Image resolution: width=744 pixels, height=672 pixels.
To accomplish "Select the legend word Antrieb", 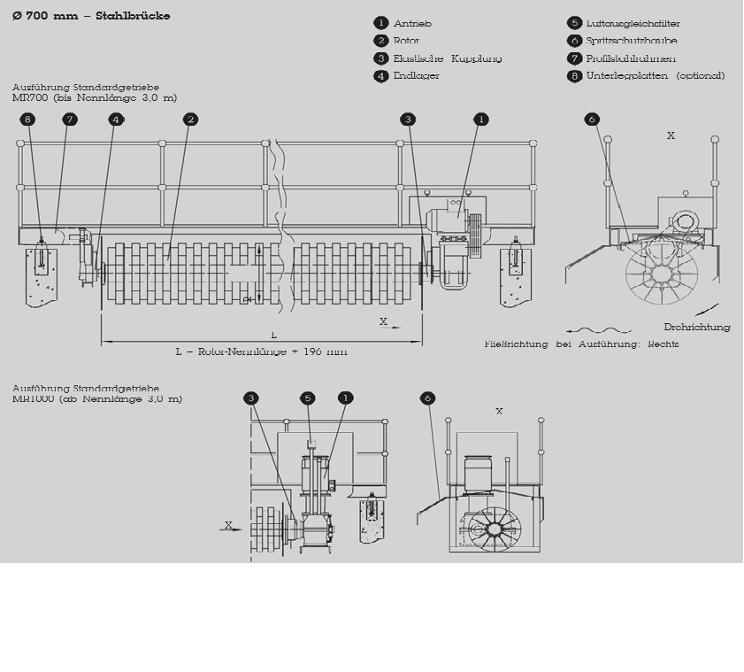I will (x=412, y=23).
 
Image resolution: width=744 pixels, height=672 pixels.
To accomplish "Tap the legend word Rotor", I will (x=407, y=41).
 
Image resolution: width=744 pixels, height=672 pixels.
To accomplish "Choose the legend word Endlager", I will (x=416, y=76).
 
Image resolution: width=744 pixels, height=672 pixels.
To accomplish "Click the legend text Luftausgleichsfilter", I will (x=633, y=23).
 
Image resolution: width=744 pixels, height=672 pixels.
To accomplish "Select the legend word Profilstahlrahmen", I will (x=631, y=58).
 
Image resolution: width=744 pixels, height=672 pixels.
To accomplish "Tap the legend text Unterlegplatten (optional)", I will (x=655, y=76).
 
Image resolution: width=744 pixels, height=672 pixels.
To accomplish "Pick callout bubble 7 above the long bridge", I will (x=70, y=119).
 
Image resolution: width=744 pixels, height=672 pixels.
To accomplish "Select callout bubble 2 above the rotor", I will (x=190, y=119).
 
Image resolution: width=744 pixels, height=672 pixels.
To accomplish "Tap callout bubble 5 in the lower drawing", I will (x=307, y=398).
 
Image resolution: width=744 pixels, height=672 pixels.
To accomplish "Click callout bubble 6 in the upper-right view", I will (x=593, y=119).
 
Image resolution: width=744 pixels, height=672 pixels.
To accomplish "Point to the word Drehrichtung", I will (x=697, y=328).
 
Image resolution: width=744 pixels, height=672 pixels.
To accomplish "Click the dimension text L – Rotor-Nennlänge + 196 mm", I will (x=261, y=351).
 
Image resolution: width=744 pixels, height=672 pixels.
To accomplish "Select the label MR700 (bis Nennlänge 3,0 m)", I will (x=95, y=97).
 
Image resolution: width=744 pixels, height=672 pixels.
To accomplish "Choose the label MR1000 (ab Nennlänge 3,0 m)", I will (x=97, y=398).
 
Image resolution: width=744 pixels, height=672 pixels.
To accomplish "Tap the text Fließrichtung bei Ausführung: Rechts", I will (x=581, y=344).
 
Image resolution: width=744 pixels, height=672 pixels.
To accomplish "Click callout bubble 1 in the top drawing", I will (x=480, y=119).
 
